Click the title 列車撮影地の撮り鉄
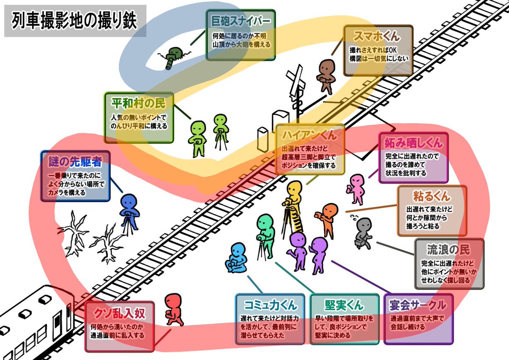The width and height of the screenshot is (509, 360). pyautogui.click(x=75, y=21)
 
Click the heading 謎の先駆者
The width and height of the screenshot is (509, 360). pyautogui.click(x=75, y=161)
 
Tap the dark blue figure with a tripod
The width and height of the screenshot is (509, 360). pyautogui.click(x=128, y=212)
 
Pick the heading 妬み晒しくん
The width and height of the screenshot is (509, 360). pyautogui.click(x=413, y=143)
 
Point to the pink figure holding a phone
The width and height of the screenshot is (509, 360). pyautogui.click(x=357, y=189)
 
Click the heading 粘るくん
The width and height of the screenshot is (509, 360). pyautogui.click(x=431, y=196)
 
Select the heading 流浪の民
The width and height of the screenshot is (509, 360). pyautogui.click(x=449, y=248)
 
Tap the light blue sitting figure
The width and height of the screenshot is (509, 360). pyautogui.click(x=236, y=259)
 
